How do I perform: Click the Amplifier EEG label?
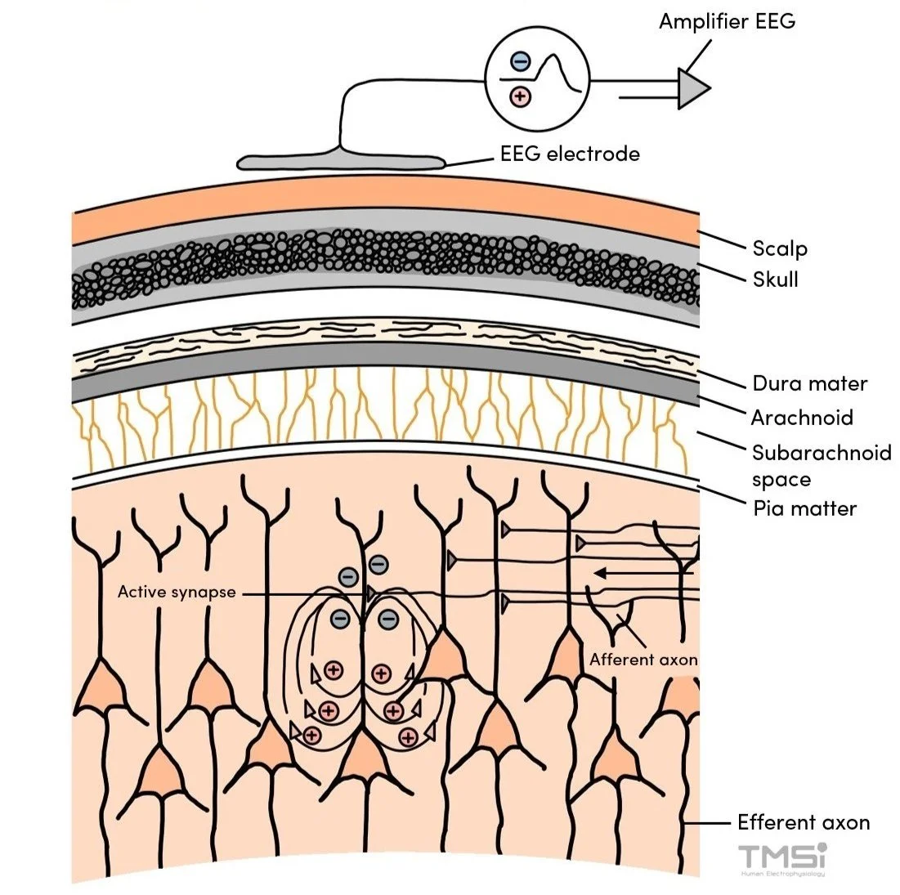point(727,21)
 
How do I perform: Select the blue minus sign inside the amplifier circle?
point(519,60)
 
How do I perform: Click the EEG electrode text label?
point(570,154)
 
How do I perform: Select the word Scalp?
point(779,248)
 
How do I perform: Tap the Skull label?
point(775,279)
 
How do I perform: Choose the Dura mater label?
point(809,383)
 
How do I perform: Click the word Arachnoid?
point(802,418)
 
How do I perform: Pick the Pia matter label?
point(804,508)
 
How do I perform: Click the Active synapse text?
point(177,592)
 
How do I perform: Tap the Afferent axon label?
point(643,660)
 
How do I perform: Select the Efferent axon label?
point(804,822)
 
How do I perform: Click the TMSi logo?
point(782,858)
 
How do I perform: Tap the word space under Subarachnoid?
point(781,480)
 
